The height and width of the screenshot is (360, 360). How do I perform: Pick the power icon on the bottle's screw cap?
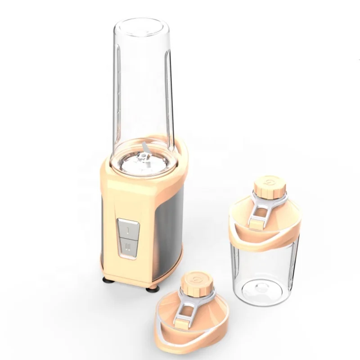(x=269, y=183)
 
